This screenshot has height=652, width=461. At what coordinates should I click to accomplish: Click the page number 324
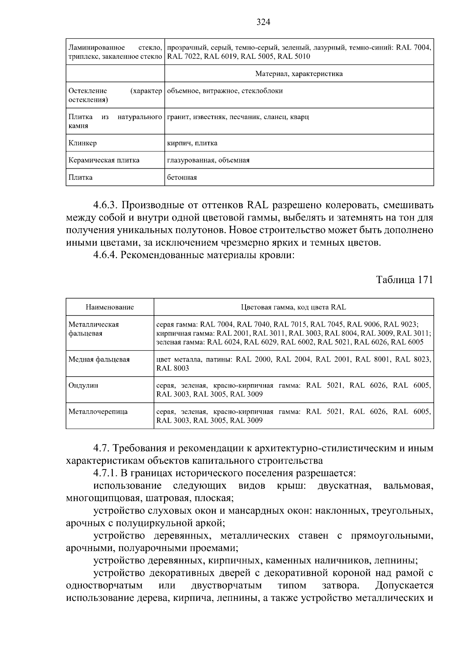[263, 22]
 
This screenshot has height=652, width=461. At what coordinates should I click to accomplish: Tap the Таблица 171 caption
[404, 280]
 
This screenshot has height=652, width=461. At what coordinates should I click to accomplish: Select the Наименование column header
[109, 307]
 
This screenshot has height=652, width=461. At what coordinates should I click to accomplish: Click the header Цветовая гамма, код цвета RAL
[294, 307]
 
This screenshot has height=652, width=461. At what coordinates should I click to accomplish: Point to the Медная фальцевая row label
[99, 359]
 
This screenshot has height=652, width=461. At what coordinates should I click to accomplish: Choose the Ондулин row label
[83, 385]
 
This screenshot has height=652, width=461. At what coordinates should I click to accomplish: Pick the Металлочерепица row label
[98, 411]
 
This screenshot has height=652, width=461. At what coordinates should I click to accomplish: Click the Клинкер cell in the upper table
[83, 143]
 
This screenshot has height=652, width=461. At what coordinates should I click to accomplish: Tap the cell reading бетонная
[182, 178]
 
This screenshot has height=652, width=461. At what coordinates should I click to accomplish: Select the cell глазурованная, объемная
[208, 160]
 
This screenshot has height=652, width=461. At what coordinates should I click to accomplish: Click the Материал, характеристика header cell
[299, 74]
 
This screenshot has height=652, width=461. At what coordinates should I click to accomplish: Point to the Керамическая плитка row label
[104, 160]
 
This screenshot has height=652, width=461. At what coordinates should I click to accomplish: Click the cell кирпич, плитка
[192, 143]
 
